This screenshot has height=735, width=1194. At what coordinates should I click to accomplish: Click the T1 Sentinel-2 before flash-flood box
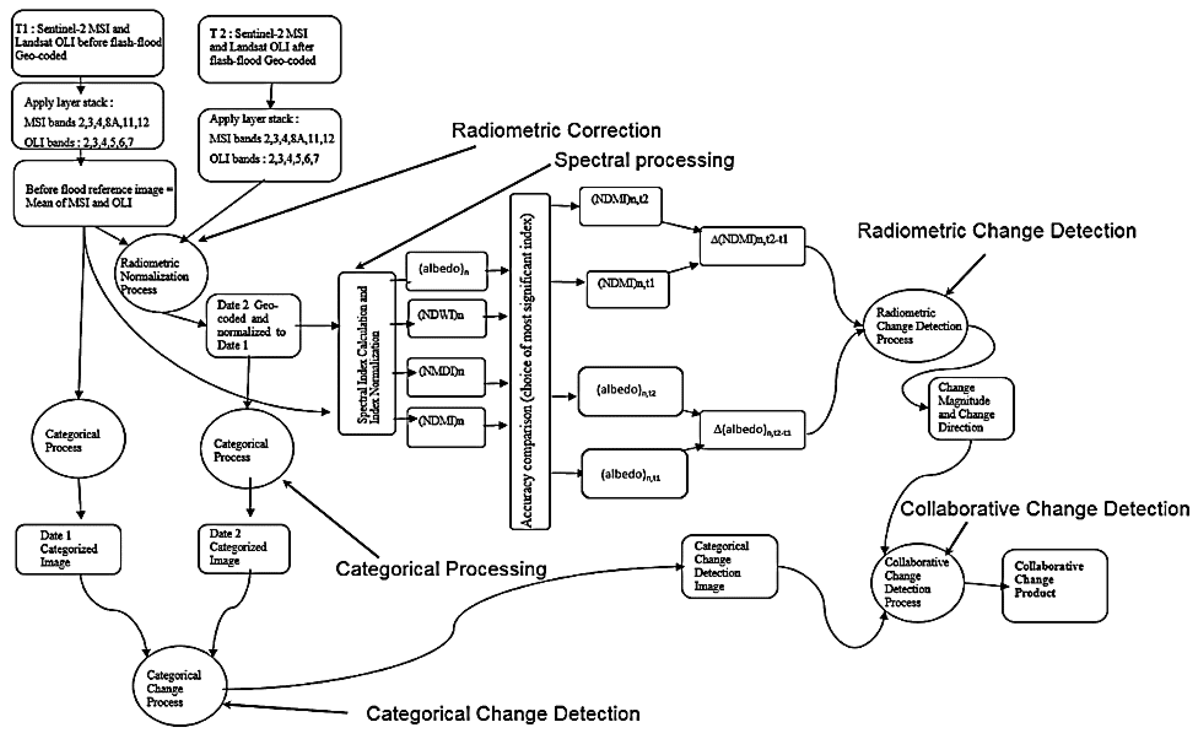pos(88,43)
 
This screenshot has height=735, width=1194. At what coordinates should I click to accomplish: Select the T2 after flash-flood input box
pos(269,49)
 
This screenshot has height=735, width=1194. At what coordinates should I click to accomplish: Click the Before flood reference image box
pos(95,195)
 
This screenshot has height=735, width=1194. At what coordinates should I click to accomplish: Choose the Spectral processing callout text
pos(644,160)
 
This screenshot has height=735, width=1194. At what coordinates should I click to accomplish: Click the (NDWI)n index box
pos(446,318)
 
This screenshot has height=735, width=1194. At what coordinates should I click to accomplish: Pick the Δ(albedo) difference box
pos(752,430)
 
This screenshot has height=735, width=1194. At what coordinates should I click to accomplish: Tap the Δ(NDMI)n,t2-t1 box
pos(752,246)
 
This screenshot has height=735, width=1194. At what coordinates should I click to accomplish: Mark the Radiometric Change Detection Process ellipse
pos(915,326)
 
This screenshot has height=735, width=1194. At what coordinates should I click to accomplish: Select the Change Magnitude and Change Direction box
pos(970,408)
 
